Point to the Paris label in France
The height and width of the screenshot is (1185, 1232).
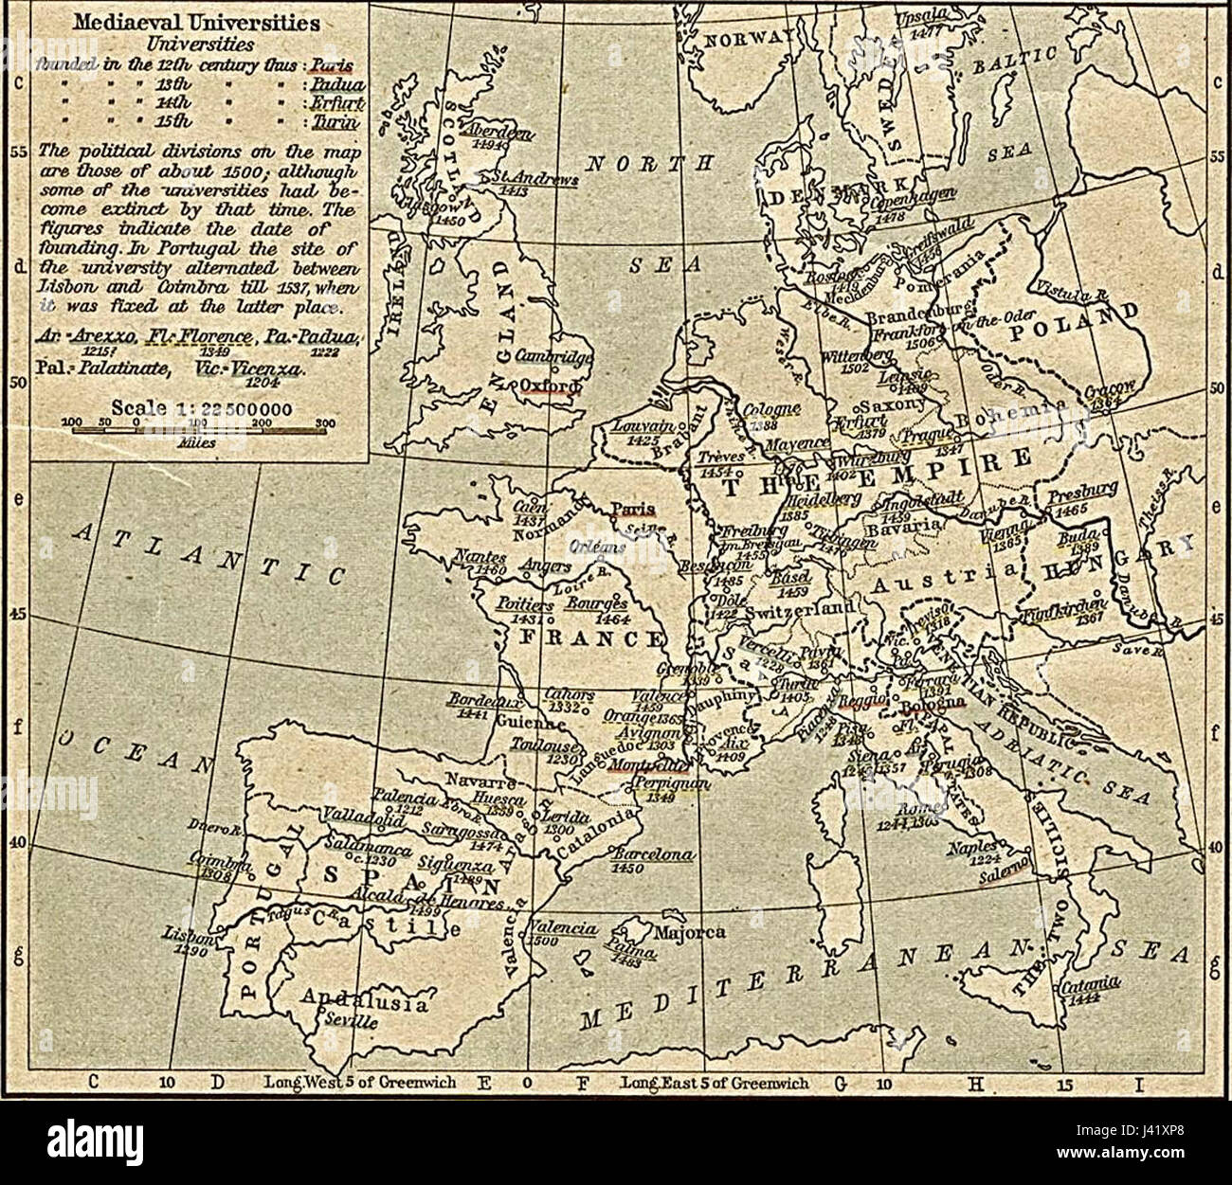point(626,509)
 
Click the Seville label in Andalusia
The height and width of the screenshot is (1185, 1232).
point(351,1023)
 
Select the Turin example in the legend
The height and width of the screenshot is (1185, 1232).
point(338,122)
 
